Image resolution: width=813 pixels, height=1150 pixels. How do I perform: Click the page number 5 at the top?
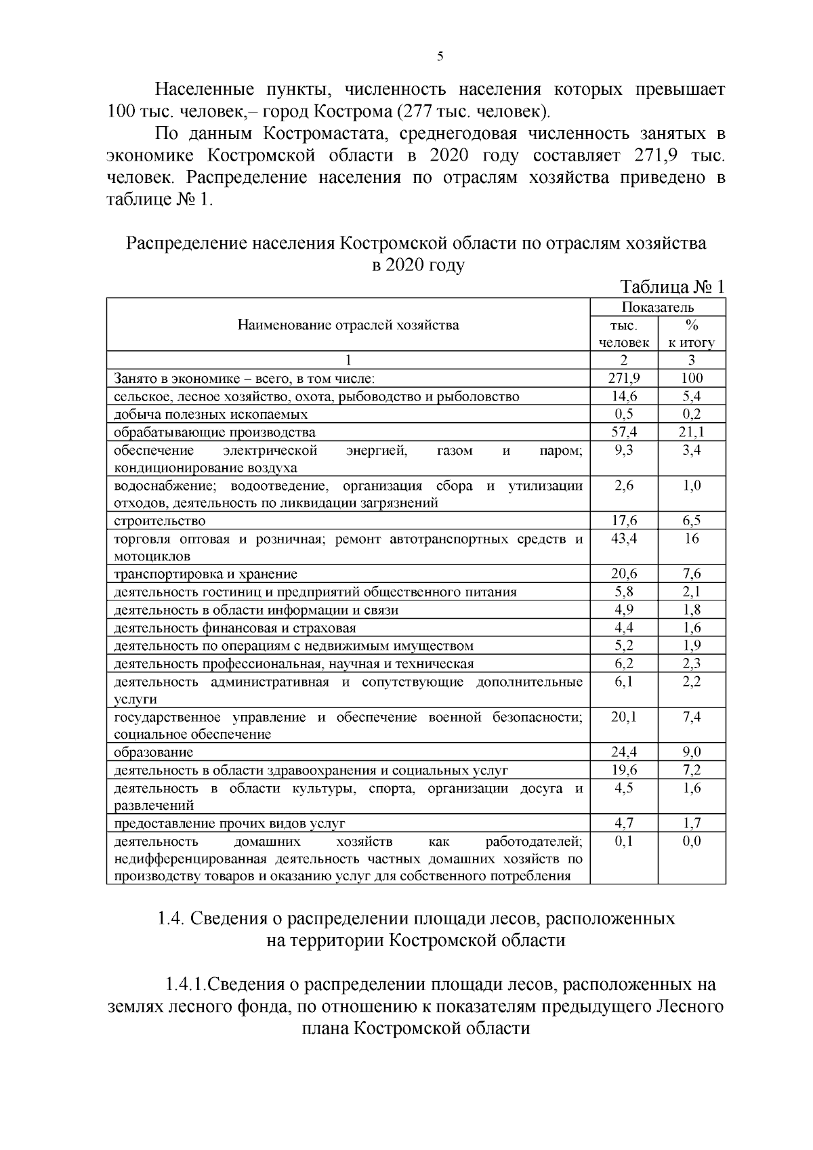(440, 57)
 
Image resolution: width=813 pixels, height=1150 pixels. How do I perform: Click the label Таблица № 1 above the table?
(672, 287)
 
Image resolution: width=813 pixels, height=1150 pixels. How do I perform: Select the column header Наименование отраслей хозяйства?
(348, 325)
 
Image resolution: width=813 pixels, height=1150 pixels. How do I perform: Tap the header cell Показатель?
(657, 307)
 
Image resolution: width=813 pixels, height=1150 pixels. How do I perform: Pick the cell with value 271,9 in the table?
(623, 378)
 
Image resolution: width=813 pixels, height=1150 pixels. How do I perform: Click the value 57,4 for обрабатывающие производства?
(623, 432)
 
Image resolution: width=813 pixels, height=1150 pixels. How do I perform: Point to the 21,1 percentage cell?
(692, 432)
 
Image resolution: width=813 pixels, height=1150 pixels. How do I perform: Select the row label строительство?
(160, 520)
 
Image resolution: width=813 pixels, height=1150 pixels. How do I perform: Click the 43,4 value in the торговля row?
(623, 539)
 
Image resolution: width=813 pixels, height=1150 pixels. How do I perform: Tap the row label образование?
(153, 752)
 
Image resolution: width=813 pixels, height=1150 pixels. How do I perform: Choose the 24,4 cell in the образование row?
(623, 752)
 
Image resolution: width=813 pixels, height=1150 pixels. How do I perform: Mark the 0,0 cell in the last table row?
(692, 841)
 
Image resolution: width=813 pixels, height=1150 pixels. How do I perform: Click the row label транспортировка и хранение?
(206, 574)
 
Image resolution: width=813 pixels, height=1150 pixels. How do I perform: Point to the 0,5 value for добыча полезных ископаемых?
(623, 414)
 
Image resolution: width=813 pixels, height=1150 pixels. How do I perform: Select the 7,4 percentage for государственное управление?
(692, 716)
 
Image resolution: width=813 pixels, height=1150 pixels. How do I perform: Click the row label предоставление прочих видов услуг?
(230, 823)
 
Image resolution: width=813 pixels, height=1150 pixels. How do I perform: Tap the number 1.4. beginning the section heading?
(171, 918)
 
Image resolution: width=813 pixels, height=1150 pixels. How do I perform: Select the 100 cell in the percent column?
(692, 378)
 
